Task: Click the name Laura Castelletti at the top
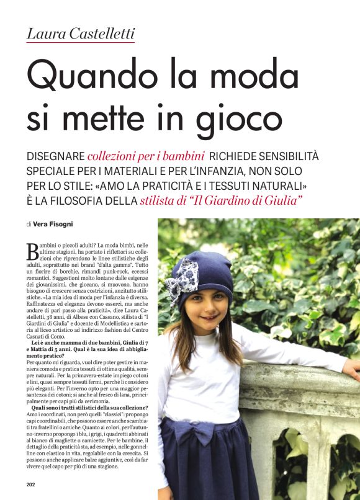point(81,33)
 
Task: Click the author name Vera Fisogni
point(61,224)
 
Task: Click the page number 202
point(31,484)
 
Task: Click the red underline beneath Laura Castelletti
point(81,42)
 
